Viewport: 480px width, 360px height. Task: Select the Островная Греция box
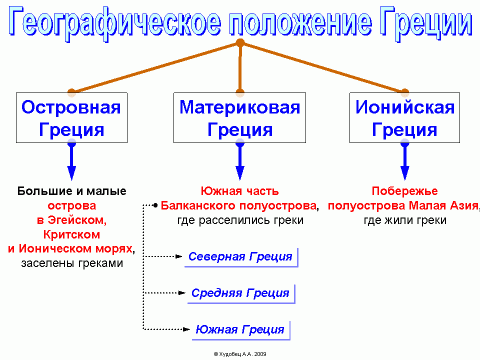(x=71, y=117)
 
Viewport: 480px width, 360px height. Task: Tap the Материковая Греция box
(x=240, y=117)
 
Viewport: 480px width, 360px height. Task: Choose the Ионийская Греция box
(x=404, y=117)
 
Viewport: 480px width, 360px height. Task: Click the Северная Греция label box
(x=240, y=257)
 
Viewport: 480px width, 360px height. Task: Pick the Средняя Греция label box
(x=240, y=293)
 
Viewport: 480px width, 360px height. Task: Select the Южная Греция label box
(x=240, y=329)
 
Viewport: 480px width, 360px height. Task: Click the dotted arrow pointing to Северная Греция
(x=164, y=257)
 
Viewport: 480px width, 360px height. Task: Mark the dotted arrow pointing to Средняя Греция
(x=164, y=293)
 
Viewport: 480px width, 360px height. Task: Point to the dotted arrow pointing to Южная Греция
(x=164, y=329)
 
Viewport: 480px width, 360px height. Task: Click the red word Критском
(x=71, y=233)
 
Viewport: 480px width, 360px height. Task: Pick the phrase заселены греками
(x=71, y=263)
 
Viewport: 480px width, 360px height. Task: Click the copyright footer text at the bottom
(x=240, y=353)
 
